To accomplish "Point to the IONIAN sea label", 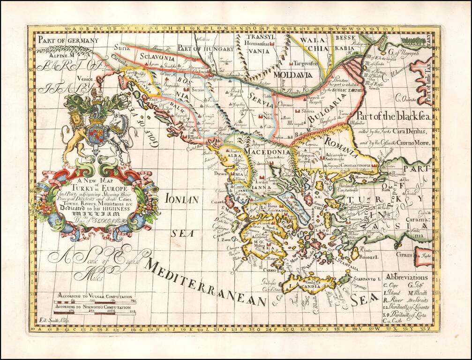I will tap(182, 199).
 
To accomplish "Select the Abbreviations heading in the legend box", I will tap(406, 277).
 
